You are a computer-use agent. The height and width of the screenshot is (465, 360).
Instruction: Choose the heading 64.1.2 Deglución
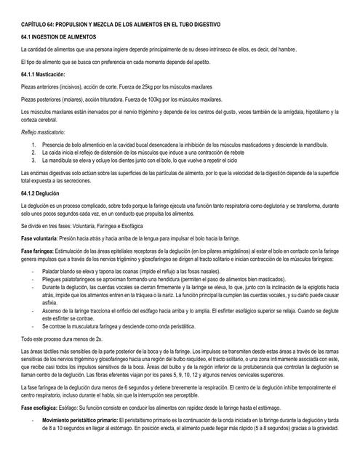(41, 195)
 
